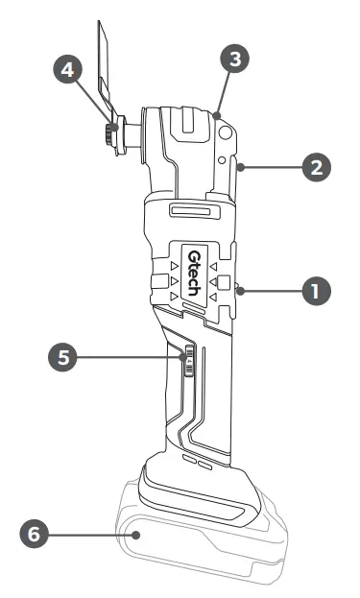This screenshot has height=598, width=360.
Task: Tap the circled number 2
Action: point(316,165)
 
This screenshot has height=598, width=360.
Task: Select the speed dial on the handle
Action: point(189,363)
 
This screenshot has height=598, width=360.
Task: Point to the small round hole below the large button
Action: point(223,161)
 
